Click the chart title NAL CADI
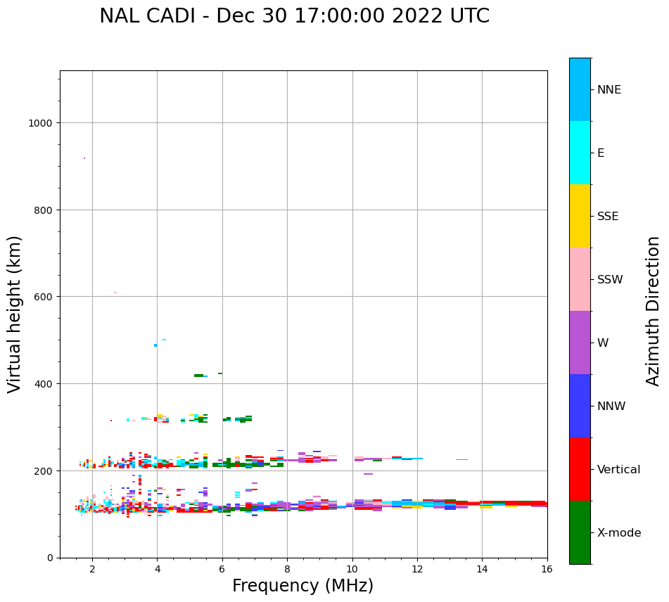(x=294, y=16)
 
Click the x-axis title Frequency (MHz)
(x=302, y=586)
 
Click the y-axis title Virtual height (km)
(x=15, y=314)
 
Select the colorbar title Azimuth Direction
(x=653, y=311)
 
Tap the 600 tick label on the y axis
(x=44, y=297)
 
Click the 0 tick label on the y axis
(x=50, y=558)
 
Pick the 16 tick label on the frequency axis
(x=547, y=570)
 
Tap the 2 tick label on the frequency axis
(x=92, y=570)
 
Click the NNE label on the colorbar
(x=609, y=89)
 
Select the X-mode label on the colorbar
(x=619, y=533)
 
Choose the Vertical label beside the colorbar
(x=619, y=470)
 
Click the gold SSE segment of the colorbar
(x=580, y=216)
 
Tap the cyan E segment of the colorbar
(x=580, y=153)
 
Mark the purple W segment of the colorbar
(x=580, y=342)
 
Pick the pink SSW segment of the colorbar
(x=580, y=279)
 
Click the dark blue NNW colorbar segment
(x=580, y=406)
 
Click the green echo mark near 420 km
(x=198, y=376)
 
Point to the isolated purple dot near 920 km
(x=84, y=158)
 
